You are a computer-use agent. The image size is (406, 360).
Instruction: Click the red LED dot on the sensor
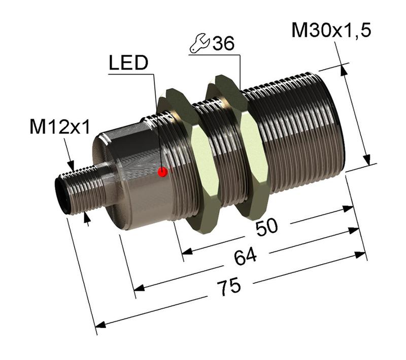162,172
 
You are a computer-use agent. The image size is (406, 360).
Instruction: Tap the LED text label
128,62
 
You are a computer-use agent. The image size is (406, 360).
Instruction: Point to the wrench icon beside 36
199,45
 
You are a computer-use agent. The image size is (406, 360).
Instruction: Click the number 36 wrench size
223,44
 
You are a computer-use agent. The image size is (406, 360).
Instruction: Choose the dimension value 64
245,257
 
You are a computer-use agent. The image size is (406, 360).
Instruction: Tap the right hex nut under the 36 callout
239,142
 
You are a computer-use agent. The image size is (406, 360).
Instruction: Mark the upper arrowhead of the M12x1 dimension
71,165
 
